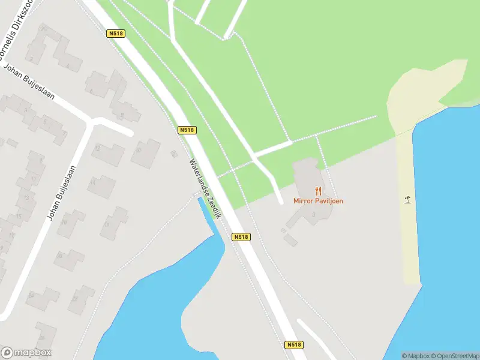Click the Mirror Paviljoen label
[318, 201]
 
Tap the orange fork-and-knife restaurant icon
[318, 191]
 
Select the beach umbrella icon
[408, 199]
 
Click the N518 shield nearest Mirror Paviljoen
[241, 237]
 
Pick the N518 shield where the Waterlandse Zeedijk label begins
[187, 130]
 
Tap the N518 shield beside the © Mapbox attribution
[293, 345]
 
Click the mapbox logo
[26, 353]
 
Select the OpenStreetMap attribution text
[456, 356]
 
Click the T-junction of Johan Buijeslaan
[91, 122]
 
